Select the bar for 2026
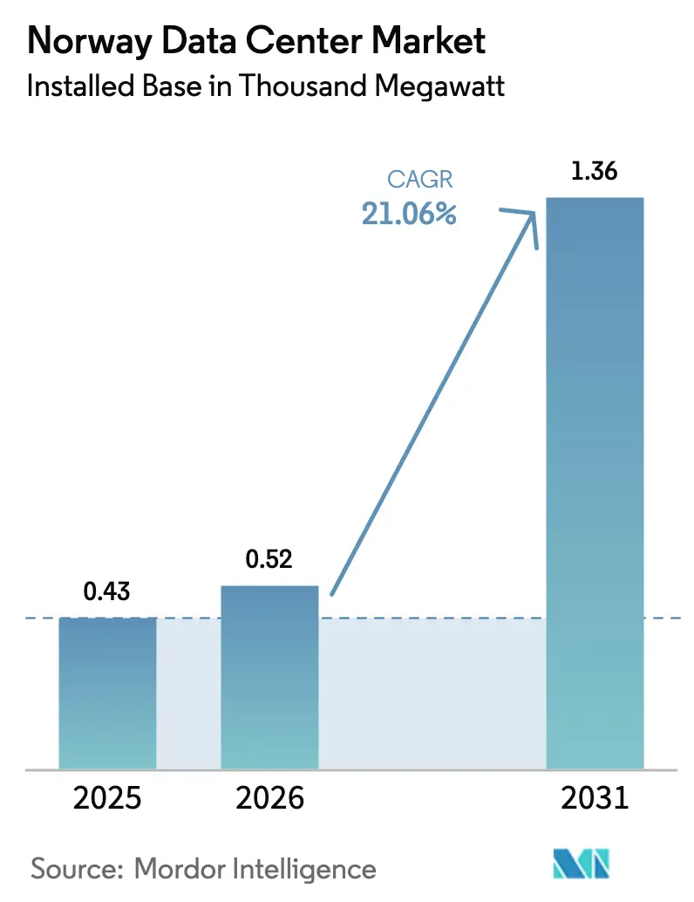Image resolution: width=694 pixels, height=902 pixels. tap(269, 677)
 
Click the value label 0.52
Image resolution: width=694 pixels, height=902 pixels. tap(269, 560)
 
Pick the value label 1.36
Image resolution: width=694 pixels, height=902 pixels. tap(595, 172)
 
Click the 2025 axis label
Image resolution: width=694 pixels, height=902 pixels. tap(107, 798)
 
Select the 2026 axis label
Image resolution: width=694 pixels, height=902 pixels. tap(269, 798)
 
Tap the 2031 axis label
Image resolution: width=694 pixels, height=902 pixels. tap(595, 798)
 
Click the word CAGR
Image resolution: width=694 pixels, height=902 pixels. tap(420, 181)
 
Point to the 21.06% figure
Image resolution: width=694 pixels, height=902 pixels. tap(410, 214)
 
